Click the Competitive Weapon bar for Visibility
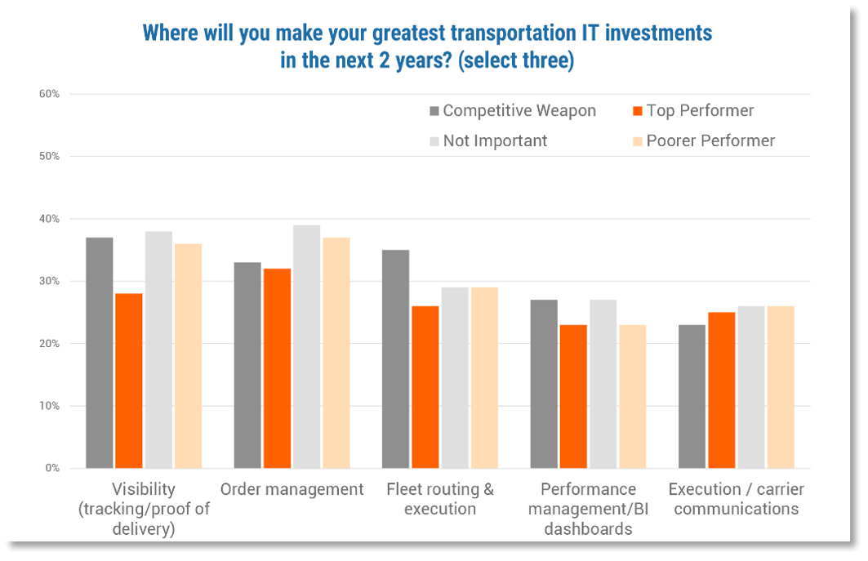click(99, 353)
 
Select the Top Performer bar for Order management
click(277, 368)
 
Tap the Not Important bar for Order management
click(307, 346)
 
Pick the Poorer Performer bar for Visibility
click(188, 356)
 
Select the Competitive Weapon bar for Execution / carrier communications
click(692, 396)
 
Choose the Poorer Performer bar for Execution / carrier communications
click(781, 387)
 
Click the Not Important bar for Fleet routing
click(455, 377)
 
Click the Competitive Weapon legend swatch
click(434, 111)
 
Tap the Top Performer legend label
click(700, 111)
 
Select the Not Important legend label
click(495, 140)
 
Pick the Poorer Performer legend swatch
click(637, 140)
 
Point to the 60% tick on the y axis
click(49, 94)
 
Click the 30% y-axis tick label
click(49, 281)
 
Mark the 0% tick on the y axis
click(51, 468)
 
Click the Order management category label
click(292, 489)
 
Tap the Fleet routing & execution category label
click(440, 499)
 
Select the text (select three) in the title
click(516, 61)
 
